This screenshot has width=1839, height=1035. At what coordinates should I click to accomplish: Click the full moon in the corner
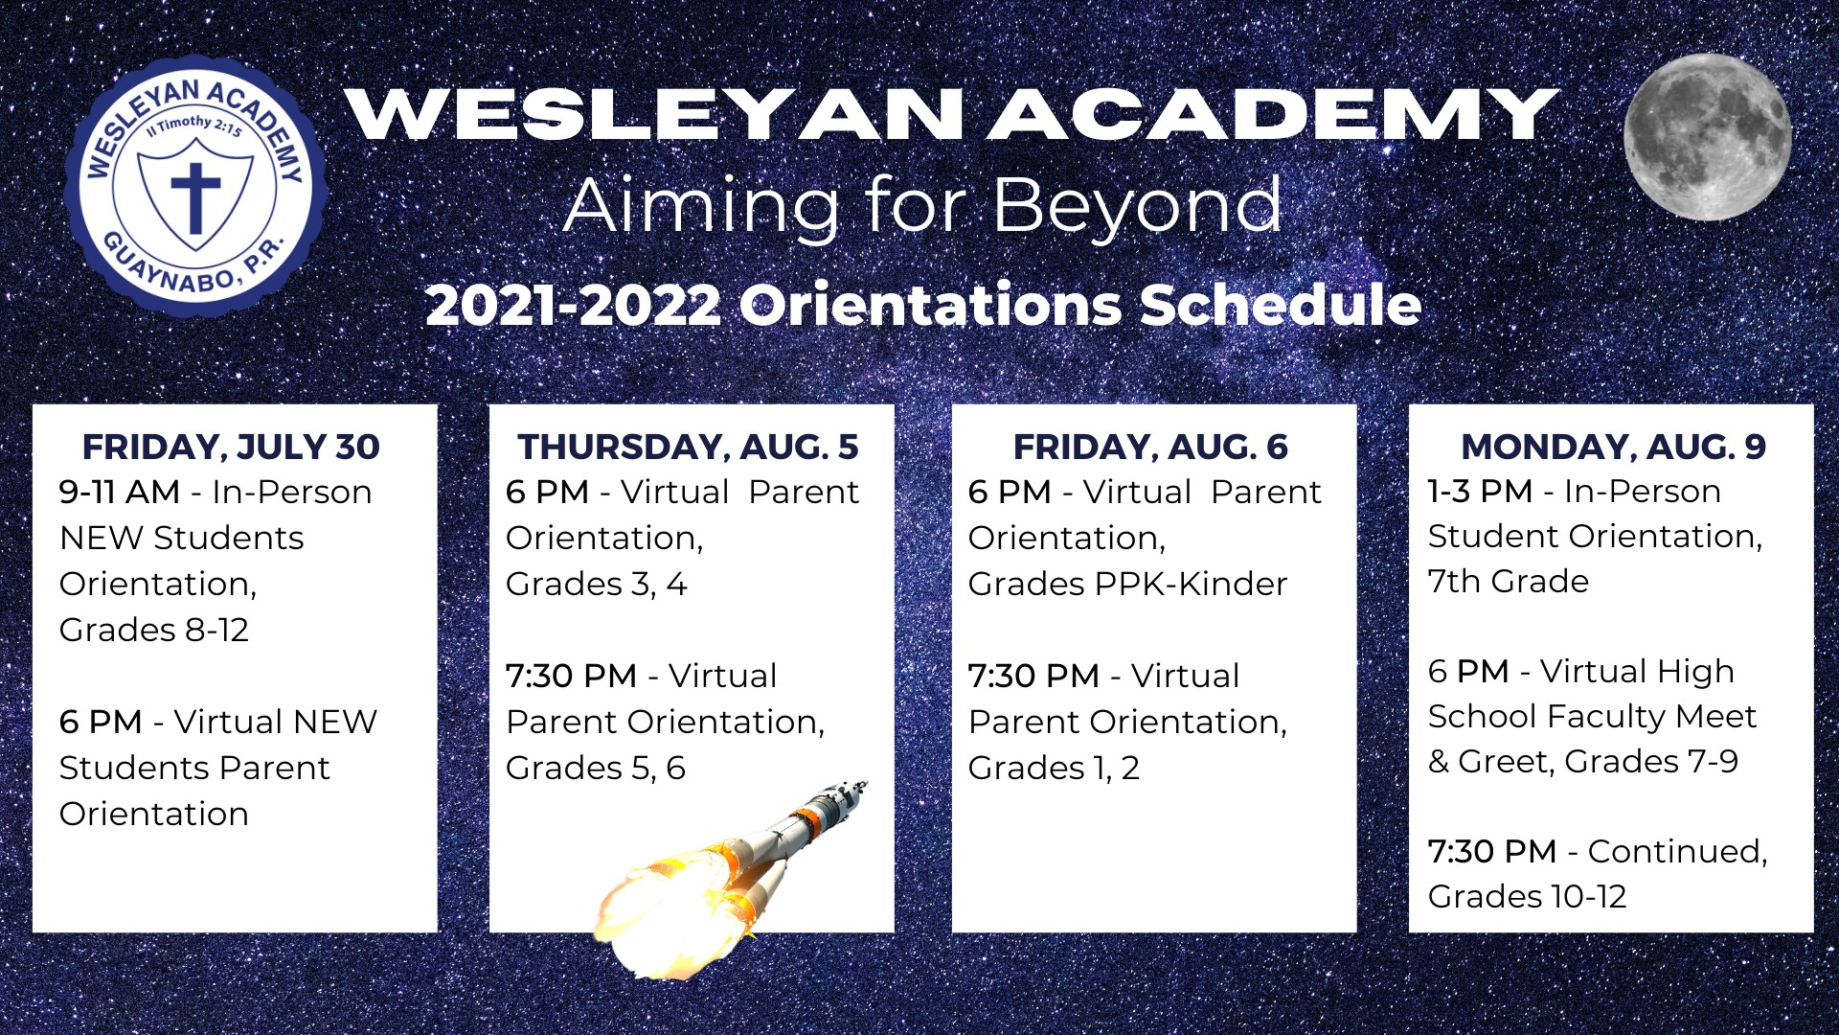pyautogui.click(x=1707, y=136)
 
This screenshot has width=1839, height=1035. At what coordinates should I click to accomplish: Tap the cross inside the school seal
pyautogui.click(x=195, y=197)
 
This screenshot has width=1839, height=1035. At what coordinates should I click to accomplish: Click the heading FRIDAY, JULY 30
pyautogui.click(x=231, y=448)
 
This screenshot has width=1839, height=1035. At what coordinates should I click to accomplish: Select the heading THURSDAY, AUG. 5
pyautogui.click(x=688, y=448)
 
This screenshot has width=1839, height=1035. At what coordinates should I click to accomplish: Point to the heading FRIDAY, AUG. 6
pyautogui.click(x=1150, y=448)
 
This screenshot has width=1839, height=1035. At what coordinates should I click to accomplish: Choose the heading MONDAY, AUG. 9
pyautogui.click(x=1613, y=448)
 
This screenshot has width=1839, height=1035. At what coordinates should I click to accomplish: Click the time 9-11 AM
pyautogui.click(x=120, y=492)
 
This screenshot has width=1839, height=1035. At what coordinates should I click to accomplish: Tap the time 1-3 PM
pyautogui.click(x=1480, y=491)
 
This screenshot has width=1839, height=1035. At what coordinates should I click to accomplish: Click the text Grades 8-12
pyautogui.click(x=154, y=630)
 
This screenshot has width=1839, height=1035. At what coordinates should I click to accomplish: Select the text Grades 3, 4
pyautogui.click(x=597, y=584)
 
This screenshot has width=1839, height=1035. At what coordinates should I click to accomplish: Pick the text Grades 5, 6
pyautogui.click(x=596, y=768)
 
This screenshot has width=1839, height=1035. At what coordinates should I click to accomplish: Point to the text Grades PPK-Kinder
pyautogui.click(x=1128, y=584)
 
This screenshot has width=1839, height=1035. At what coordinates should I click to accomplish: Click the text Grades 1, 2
pyautogui.click(x=1054, y=768)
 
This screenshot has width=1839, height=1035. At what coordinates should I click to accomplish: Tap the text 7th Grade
pyautogui.click(x=1509, y=581)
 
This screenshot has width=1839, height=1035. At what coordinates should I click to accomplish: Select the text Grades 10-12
pyautogui.click(x=1528, y=896)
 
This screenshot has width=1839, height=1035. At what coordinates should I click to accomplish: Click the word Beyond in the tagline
pyautogui.click(x=1137, y=206)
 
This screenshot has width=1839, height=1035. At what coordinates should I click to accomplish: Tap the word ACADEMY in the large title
pyautogui.click(x=1273, y=115)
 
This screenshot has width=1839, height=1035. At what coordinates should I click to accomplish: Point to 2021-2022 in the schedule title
pyautogui.click(x=574, y=306)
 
